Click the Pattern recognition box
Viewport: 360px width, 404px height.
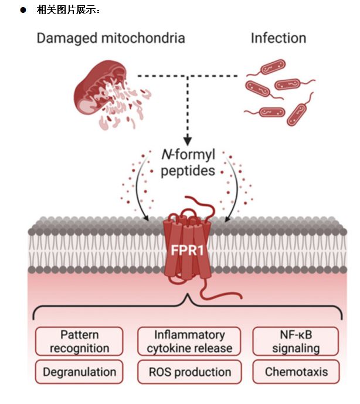pos(79,341)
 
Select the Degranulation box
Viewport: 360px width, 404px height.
pos(79,372)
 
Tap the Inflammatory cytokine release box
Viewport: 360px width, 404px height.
pos(189,341)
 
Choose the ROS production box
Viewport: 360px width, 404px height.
pos(189,372)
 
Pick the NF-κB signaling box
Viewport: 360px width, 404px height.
pos(296,341)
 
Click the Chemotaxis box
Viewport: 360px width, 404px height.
pos(296,372)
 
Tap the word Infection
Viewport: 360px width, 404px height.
pos(279,38)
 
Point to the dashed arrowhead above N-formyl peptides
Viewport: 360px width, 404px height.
pos(188,141)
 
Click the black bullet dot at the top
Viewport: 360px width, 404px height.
pos(23,10)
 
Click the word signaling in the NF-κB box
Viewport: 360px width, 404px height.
pos(296,348)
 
